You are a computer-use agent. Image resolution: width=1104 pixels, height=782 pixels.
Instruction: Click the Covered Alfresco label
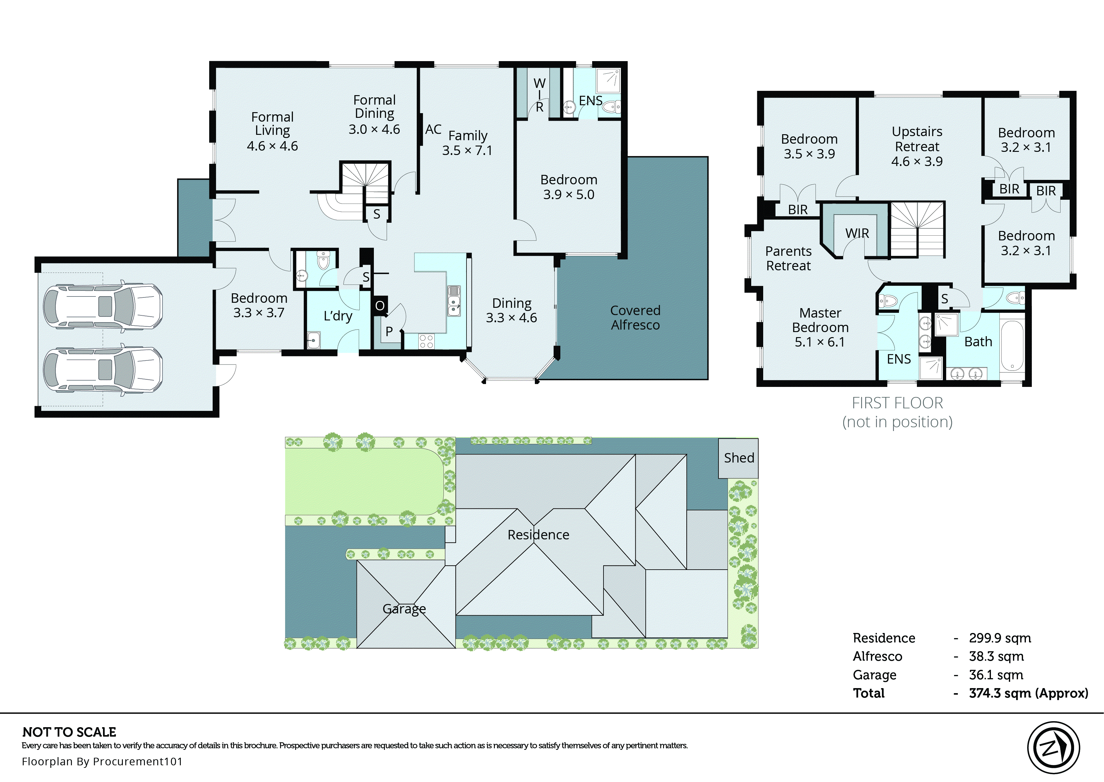click(635, 318)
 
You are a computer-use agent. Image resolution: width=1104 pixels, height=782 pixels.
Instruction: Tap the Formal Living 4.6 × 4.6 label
click(272, 131)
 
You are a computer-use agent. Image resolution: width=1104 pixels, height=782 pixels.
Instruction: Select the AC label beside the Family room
click(433, 129)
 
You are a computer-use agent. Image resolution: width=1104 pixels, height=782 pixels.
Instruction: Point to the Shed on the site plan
click(738, 458)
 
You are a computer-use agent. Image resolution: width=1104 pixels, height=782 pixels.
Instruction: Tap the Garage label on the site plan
click(404, 609)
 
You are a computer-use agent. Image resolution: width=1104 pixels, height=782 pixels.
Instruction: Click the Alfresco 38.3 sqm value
click(996, 656)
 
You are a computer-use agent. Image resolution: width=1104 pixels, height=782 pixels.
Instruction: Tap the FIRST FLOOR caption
click(897, 403)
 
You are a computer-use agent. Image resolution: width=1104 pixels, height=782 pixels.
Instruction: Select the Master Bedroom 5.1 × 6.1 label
click(820, 327)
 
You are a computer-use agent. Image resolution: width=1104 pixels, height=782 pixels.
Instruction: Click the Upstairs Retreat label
click(917, 147)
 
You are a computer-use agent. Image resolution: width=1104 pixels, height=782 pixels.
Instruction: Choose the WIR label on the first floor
click(857, 233)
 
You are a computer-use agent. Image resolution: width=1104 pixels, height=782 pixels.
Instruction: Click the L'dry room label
click(338, 316)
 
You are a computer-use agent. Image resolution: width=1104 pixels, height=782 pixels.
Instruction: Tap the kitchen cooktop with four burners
click(426, 342)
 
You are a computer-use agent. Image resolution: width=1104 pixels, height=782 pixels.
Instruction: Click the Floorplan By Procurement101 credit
click(102, 761)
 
